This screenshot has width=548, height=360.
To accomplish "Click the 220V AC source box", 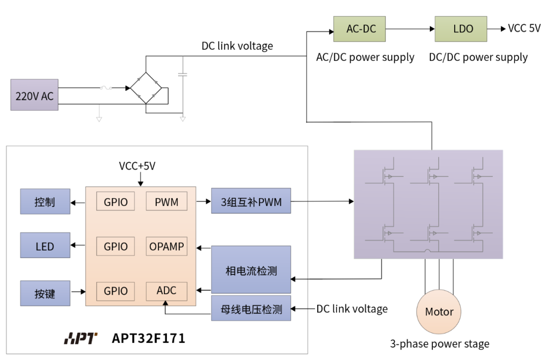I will (x=34, y=95).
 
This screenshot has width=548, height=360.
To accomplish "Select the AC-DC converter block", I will (x=361, y=29).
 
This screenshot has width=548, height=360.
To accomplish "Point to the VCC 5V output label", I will (x=524, y=28).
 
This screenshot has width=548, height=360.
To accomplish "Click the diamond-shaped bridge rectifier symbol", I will (x=146, y=88).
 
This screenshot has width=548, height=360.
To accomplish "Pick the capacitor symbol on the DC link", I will (x=183, y=75).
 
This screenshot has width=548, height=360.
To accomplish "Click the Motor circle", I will (x=439, y=312).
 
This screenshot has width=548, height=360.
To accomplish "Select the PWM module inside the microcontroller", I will (x=166, y=202).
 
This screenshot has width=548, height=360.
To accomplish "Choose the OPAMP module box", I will (x=166, y=247).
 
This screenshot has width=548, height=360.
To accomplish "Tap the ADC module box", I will (x=166, y=291).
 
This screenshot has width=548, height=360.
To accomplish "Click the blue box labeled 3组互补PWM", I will (x=251, y=202).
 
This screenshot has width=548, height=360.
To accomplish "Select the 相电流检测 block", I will (x=251, y=270).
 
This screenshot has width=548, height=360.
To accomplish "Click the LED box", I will (x=45, y=247).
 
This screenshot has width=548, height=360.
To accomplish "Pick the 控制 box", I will (x=45, y=202).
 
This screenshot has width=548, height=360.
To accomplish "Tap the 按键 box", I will (x=45, y=293).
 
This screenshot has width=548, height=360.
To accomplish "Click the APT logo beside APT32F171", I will (x=81, y=338).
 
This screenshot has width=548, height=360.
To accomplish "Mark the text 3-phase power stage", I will (x=439, y=344).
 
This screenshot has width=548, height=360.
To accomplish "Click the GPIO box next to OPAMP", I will (x=116, y=247).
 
